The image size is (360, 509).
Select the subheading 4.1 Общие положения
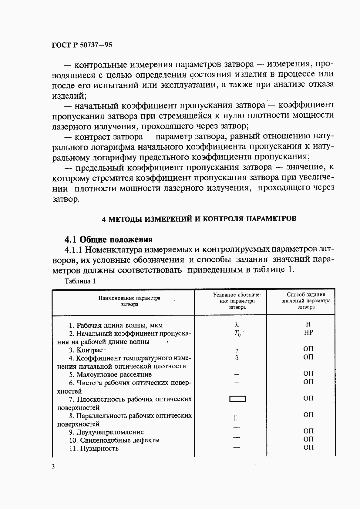[108, 240]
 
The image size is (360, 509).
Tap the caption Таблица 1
[80, 281]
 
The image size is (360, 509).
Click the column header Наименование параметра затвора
[130, 301]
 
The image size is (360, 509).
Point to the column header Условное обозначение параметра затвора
[237, 301]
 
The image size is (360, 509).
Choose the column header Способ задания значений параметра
[306, 301]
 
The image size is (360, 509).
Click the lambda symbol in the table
[237, 325]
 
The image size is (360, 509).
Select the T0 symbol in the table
[237, 333]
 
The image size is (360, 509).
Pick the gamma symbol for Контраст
[237, 350]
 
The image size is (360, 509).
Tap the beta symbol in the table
[237, 358]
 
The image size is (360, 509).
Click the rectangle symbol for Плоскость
[237, 399]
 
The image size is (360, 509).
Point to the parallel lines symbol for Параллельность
[236, 418]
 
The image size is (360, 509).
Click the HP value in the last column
[308, 332]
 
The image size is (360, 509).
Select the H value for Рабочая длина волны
[308, 324]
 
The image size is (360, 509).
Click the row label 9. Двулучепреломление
[106, 432]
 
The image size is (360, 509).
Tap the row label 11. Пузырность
[94, 448]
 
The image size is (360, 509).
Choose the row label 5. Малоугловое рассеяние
[110, 374]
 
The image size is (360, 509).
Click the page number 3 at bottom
[54, 467]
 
